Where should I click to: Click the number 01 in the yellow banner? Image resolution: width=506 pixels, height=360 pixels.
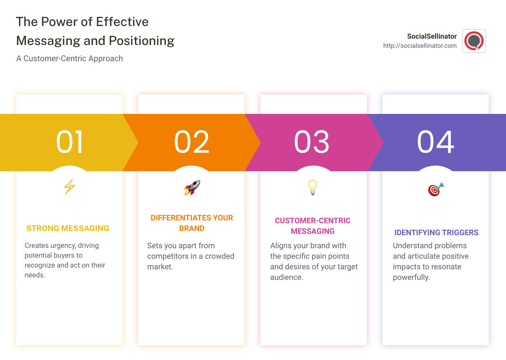pos(70,142)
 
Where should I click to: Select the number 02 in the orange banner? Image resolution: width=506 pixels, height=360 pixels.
pos(192,142)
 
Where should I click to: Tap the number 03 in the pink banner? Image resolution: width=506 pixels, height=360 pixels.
pos(312,142)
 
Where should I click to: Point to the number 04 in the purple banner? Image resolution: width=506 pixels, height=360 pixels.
pos(436,142)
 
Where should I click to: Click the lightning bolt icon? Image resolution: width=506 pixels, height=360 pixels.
pos(70,187)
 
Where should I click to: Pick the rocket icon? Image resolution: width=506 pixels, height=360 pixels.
pos(192,188)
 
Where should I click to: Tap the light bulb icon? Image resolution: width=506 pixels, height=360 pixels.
pos(313,187)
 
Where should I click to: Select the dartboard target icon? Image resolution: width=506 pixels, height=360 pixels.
pos(436,189)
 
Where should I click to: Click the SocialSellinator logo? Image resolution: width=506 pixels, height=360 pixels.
pos(474,41)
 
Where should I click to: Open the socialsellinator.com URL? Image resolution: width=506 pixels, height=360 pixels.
pos(420,46)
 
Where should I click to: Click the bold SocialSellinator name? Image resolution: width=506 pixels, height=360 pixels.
pos(432,36)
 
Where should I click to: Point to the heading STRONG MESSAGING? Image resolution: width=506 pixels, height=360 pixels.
pos(68,229)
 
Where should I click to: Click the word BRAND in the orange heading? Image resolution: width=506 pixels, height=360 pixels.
pos(192,229)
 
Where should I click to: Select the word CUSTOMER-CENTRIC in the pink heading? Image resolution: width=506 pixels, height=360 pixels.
pos(313,221)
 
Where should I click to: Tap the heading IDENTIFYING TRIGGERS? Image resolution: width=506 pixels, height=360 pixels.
pos(436,233)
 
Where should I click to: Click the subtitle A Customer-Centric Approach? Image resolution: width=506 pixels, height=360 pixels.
pos(70,59)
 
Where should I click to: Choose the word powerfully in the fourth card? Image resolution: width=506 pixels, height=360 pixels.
pos(411,277)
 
